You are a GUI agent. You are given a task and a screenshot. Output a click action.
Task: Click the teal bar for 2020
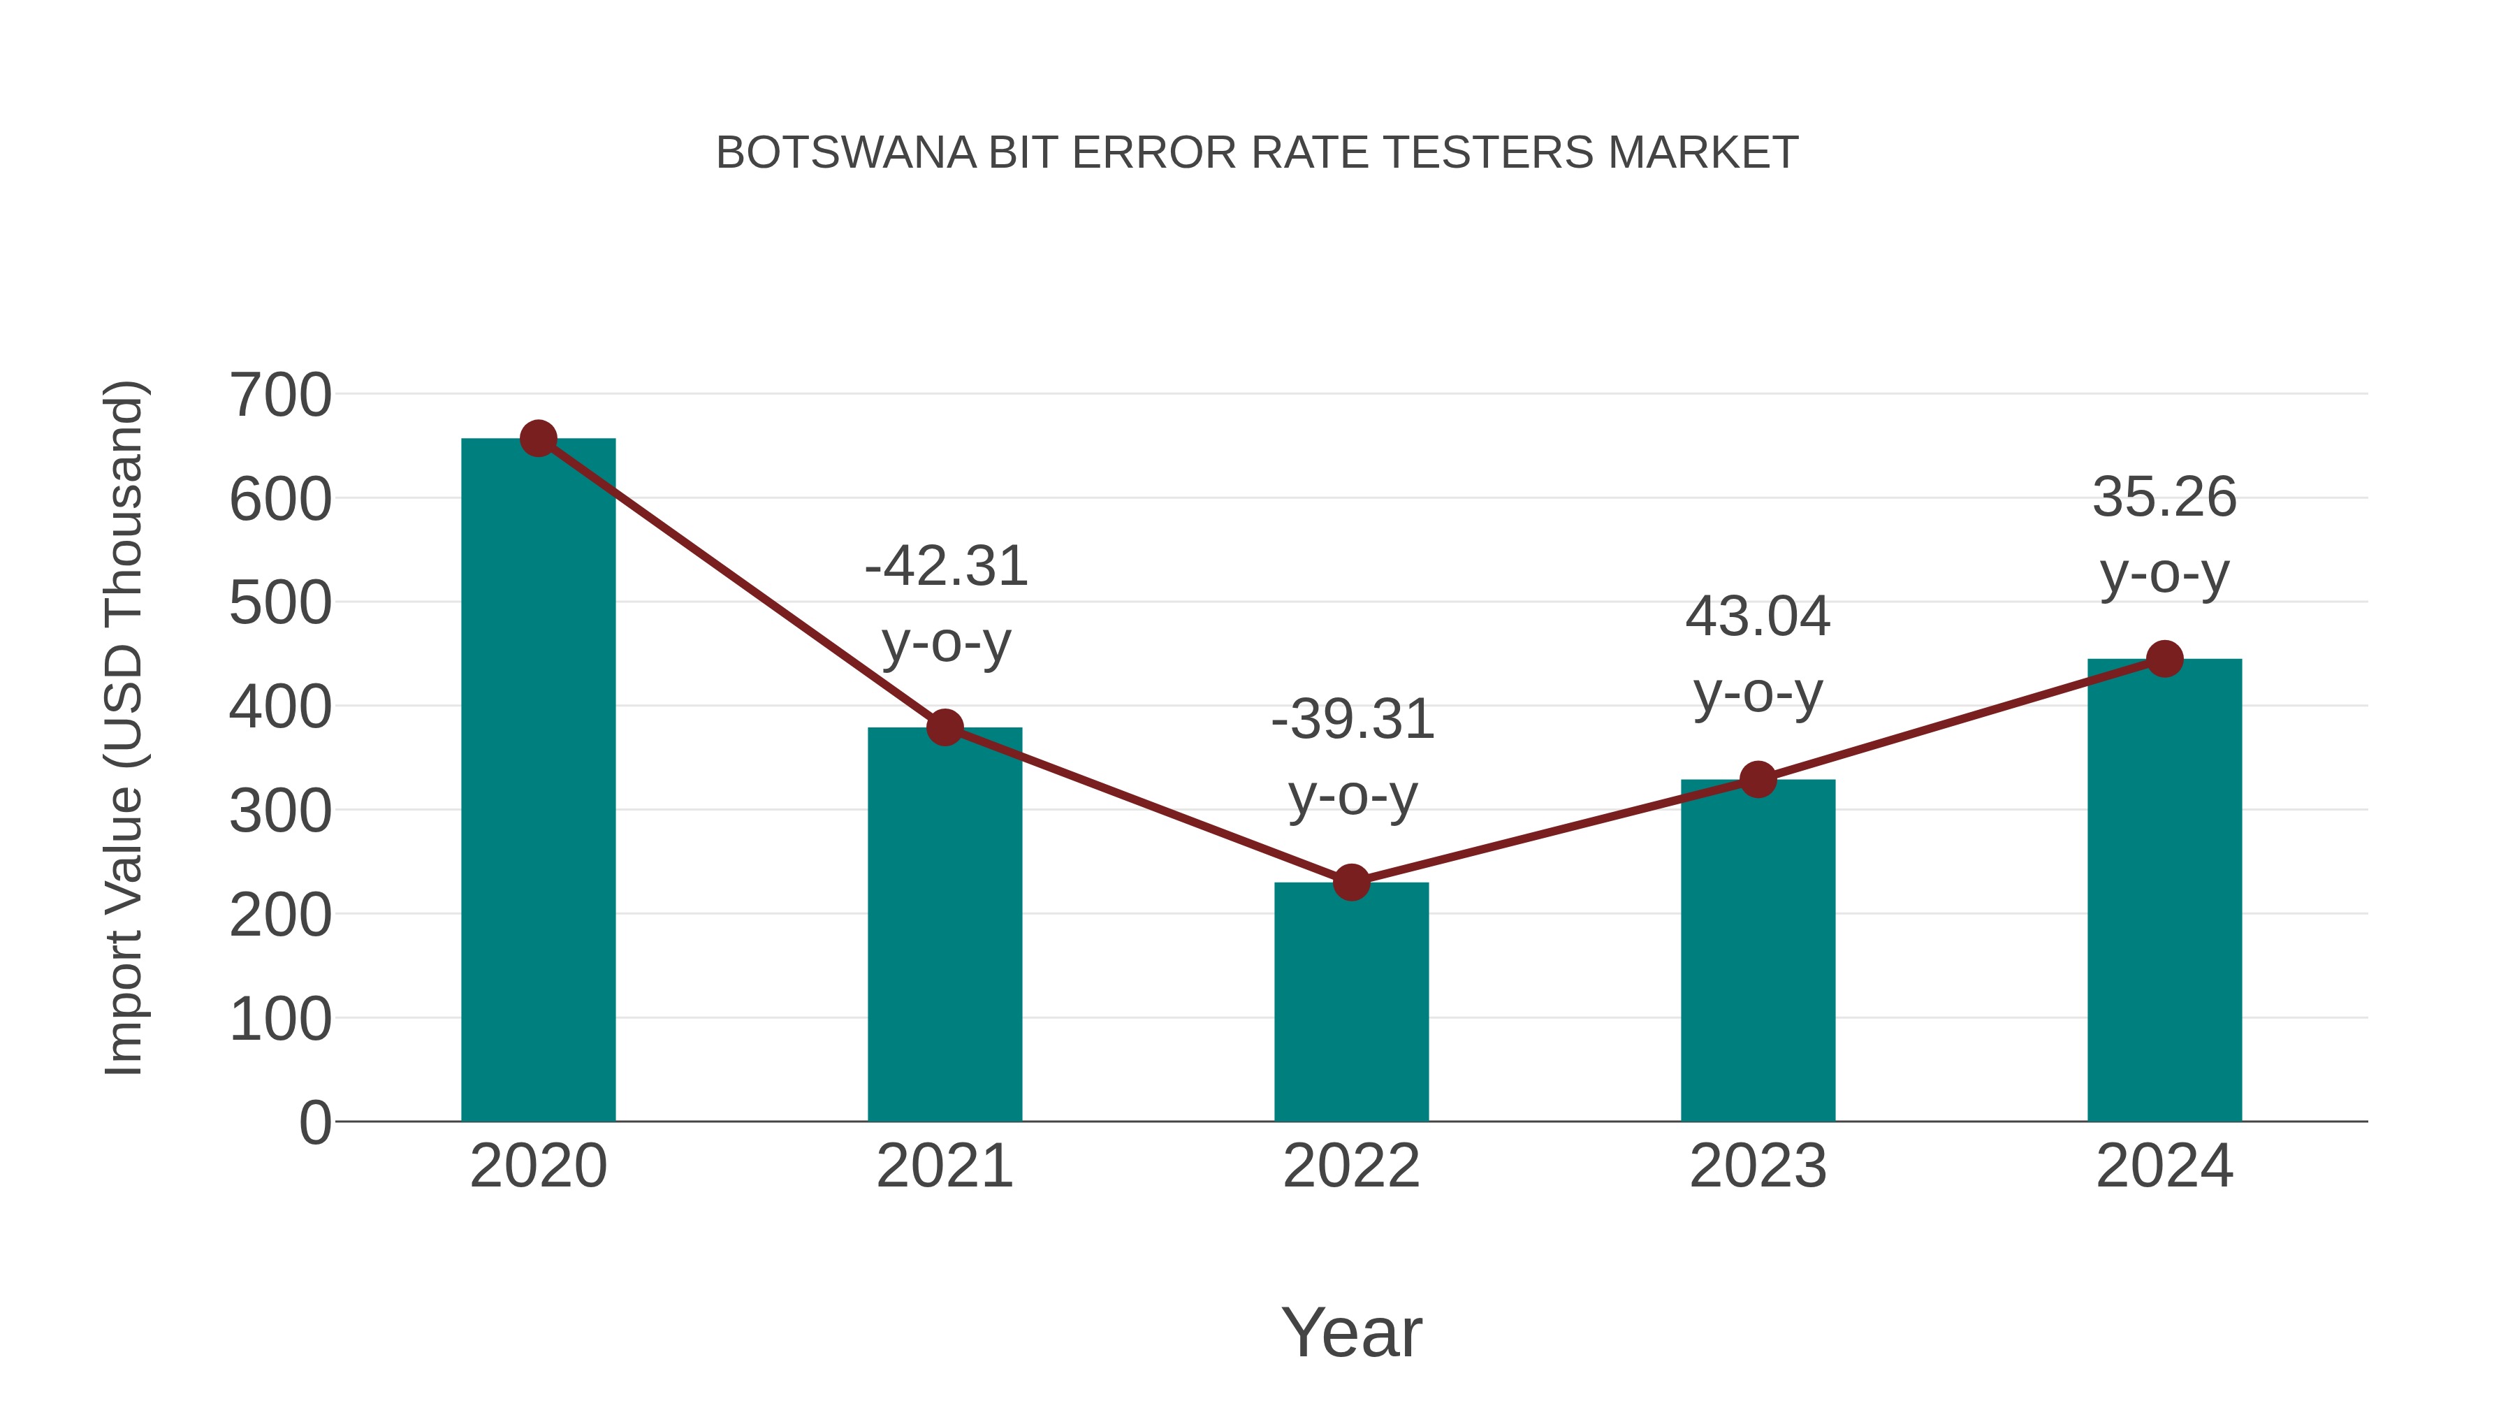538,781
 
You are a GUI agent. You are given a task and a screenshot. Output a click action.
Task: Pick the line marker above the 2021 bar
945,727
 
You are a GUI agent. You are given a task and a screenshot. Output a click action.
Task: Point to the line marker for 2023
1758,779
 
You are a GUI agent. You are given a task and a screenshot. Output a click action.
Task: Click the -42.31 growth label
946,567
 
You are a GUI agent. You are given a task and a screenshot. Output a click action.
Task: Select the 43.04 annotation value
1758,617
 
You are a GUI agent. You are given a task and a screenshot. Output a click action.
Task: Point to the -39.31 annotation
1353,720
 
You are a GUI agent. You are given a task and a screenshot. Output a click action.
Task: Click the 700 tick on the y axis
280,396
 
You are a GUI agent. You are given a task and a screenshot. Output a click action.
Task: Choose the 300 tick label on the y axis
280,811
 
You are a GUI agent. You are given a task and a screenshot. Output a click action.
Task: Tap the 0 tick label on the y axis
315,1122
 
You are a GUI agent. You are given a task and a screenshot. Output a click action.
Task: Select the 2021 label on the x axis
945,1166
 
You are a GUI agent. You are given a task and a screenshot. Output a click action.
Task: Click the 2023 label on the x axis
1758,1166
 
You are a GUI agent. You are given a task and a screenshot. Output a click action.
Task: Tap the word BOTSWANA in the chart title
845,153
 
